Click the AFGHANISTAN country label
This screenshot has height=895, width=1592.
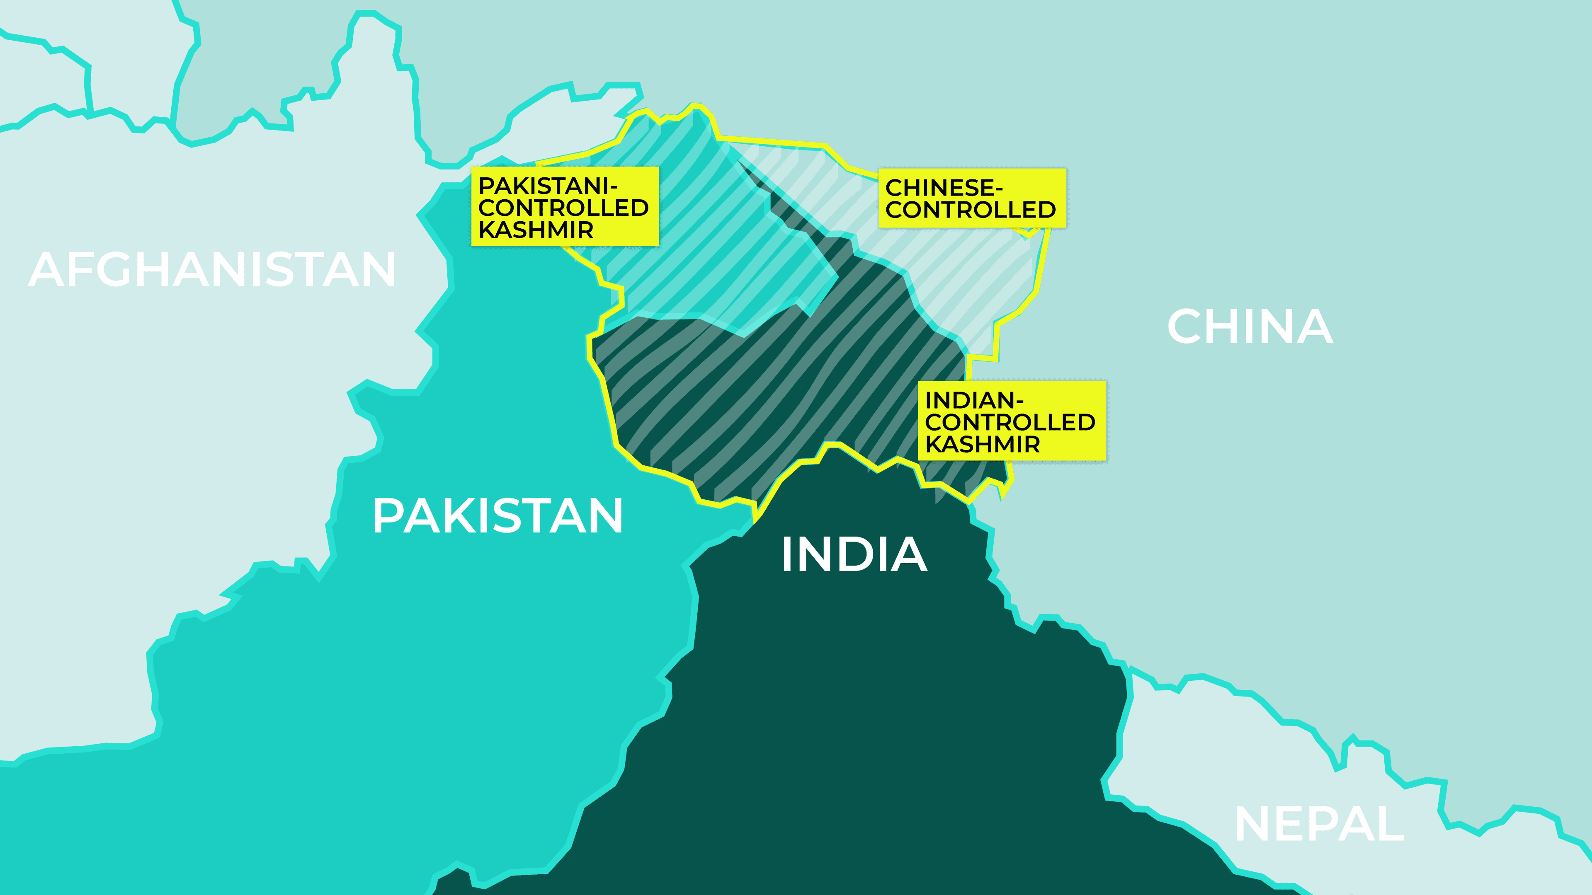click(x=212, y=270)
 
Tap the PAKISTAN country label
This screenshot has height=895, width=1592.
click(x=498, y=516)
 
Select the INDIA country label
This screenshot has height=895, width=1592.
click(x=854, y=554)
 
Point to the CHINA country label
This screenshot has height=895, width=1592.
click(x=1250, y=327)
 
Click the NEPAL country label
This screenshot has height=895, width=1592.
click(x=1319, y=824)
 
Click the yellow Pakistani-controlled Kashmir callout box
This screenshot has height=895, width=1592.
click(x=565, y=206)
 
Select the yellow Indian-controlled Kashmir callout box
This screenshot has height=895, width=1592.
click(x=1011, y=421)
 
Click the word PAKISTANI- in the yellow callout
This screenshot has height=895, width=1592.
click(x=548, y=185)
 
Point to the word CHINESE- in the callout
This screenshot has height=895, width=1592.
click(x=944, y=188)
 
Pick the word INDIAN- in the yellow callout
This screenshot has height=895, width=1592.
click(x=974, y=400)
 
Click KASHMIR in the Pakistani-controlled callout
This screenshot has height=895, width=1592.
click(x=536, y=230)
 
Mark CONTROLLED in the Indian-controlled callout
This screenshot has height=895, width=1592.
click(x=1010, y=423)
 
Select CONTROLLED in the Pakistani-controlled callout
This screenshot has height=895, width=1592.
click(x=563, y=208)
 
